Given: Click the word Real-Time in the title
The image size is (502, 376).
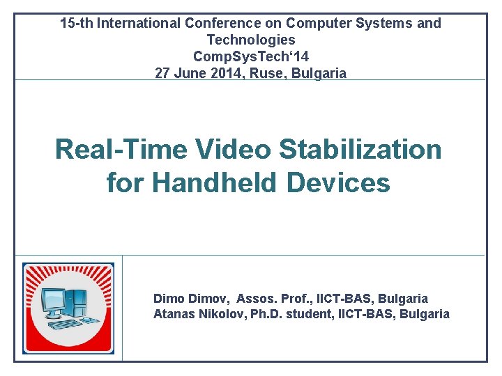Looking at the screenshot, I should pos(121,149).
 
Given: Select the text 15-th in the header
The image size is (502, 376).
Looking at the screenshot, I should pos(77,24).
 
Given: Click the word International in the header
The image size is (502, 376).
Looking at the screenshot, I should pos(139,24).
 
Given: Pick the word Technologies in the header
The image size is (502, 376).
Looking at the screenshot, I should pos(251,40).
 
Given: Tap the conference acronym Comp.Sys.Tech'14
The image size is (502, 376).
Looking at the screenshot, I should pos(251,56).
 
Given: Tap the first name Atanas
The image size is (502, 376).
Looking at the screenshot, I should pos(173,314).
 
